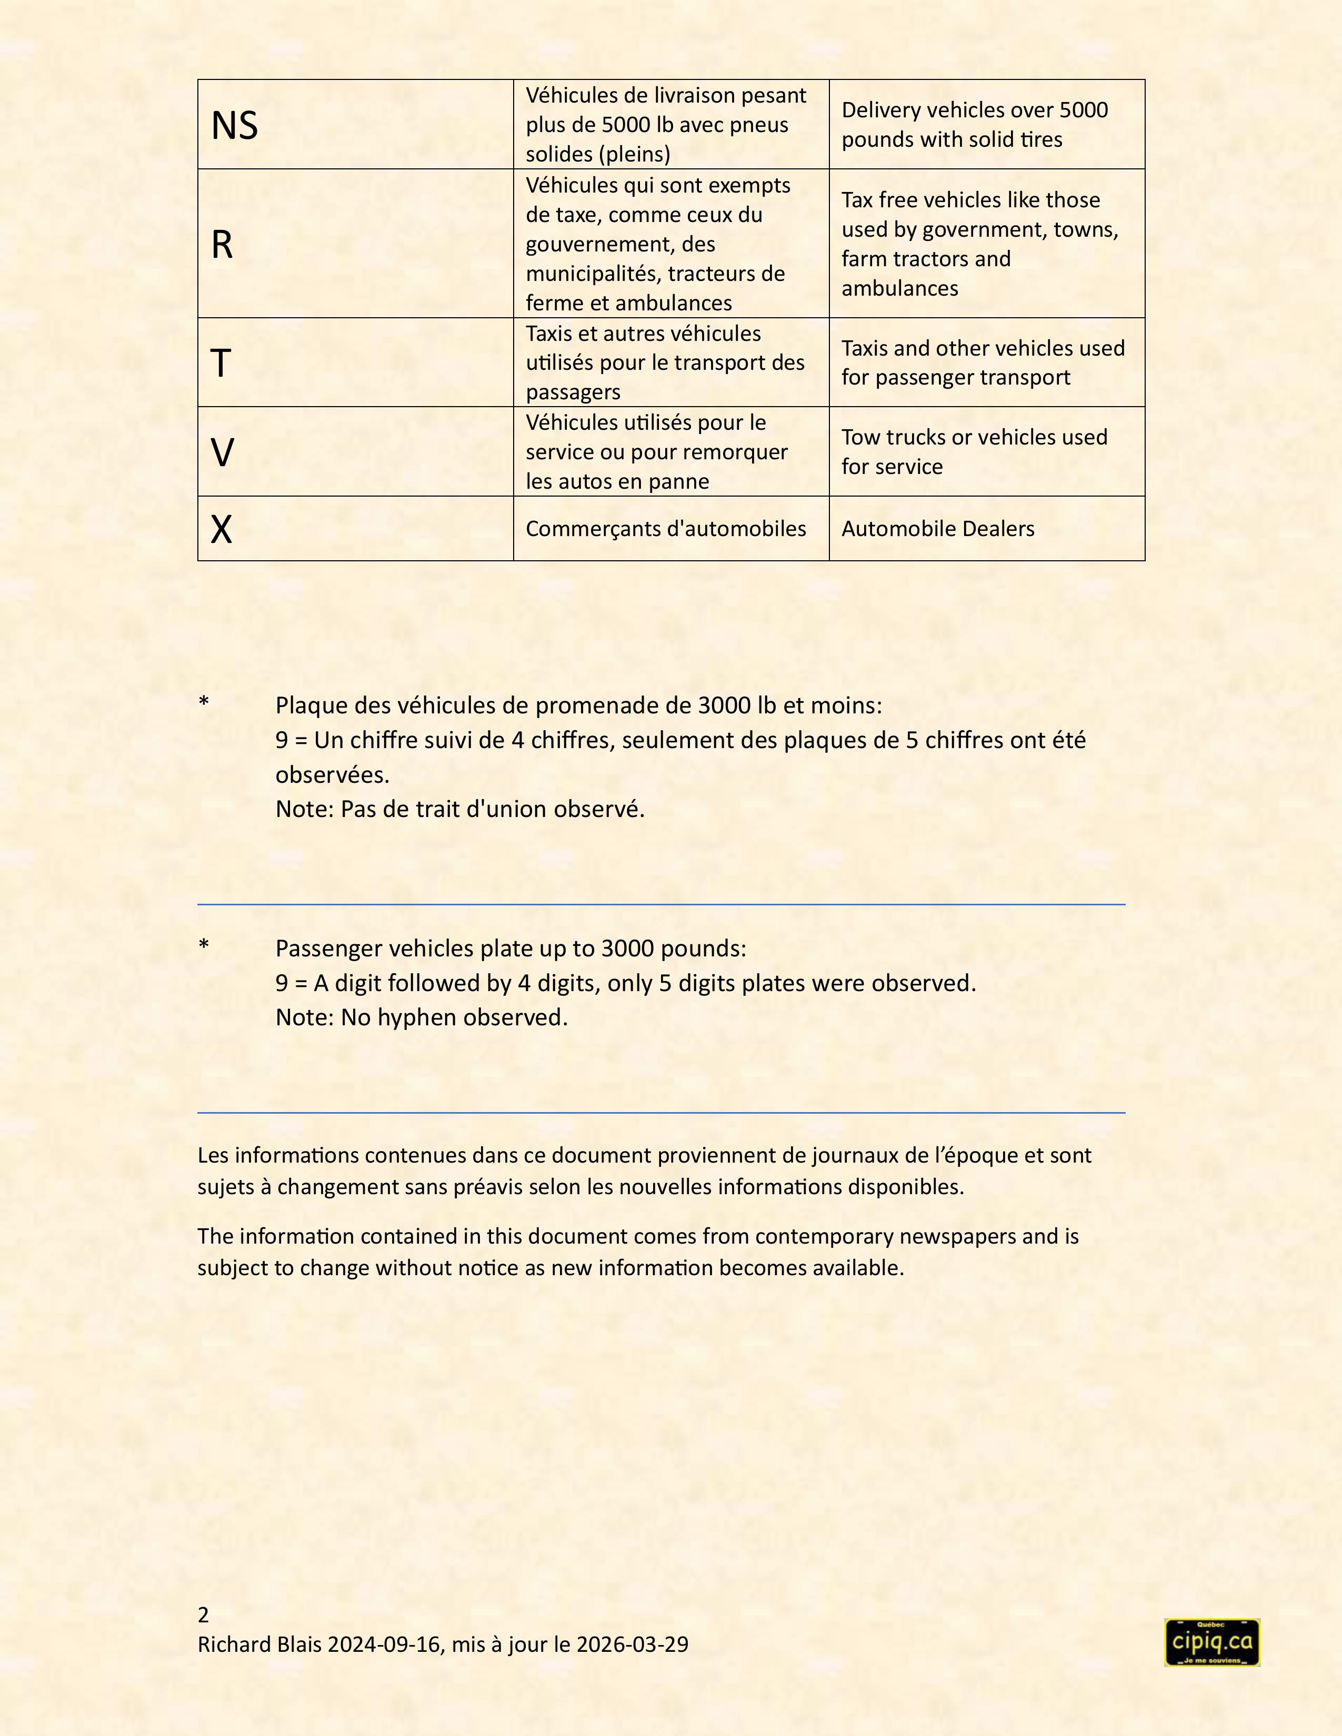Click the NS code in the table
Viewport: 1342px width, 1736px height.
235,126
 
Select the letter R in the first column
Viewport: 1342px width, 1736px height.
222,245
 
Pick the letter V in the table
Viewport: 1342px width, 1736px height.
222,453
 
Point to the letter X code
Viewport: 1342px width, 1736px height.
221,529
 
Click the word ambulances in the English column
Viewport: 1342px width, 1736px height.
899,288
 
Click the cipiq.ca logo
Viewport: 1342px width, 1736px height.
1211,1642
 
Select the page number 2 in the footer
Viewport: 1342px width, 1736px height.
204,1614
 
